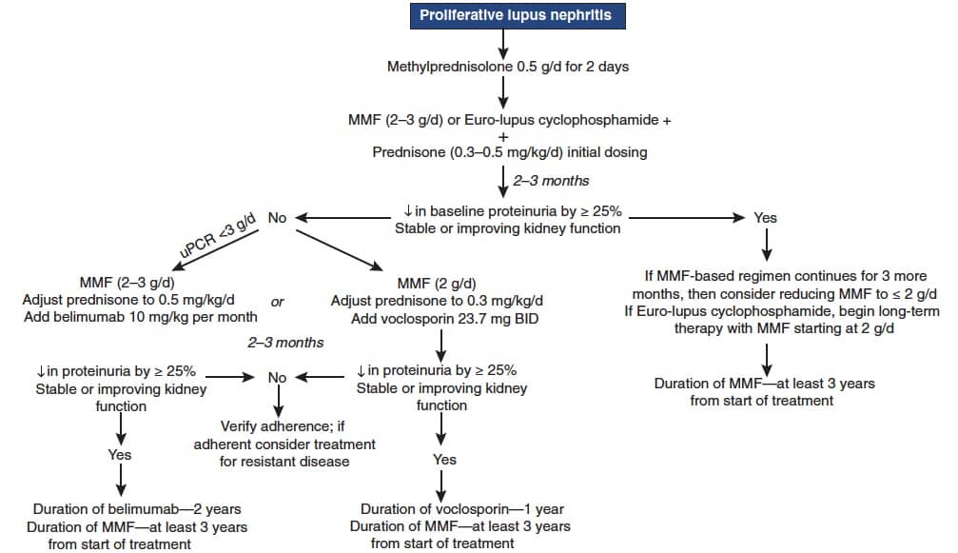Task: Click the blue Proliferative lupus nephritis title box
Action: point(518,15)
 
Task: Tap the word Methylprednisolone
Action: point(450,67)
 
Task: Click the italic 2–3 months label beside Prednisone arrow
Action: point(551,181)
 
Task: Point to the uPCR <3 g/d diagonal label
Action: point(217,235)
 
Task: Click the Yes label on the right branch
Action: point(765,218)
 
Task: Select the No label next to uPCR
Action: point(277,218)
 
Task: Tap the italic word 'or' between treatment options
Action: point(278,302)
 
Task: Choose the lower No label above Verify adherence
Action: point(277,378)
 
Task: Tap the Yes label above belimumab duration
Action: point(120,455)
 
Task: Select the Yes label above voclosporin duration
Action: point(445,460)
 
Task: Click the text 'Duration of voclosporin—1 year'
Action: point(462,509)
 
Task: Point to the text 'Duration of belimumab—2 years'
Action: point(137,509)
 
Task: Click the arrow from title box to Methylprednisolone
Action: point(503,44)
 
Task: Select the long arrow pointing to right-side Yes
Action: point(687,218)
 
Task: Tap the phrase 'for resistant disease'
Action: point(284,462)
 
